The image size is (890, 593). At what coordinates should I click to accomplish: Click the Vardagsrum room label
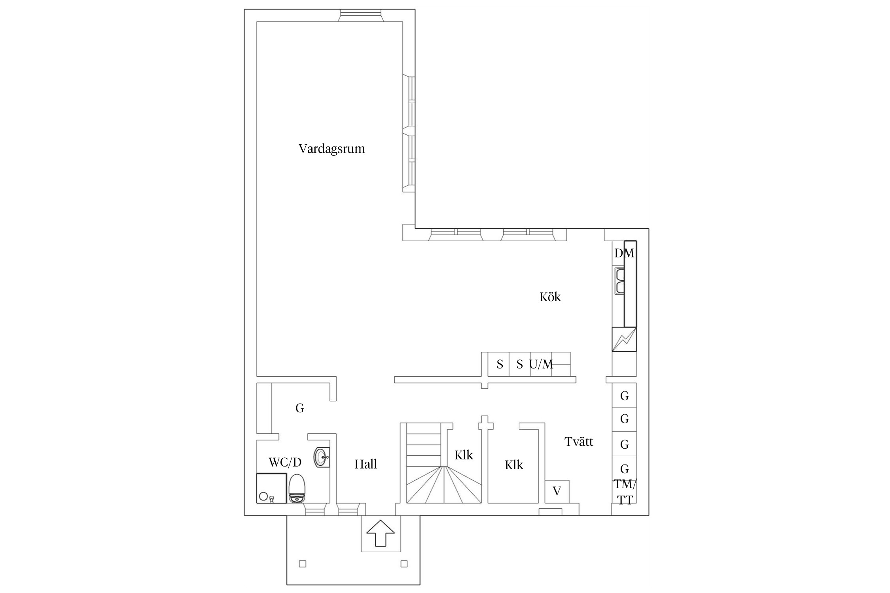tap(331, 149)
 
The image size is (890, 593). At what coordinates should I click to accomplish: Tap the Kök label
tap(550, 297)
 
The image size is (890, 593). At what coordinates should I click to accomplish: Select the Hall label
tap(365, 464)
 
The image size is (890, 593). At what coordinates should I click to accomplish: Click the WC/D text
tap(285, 462)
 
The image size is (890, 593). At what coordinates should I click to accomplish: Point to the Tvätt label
tap(579, 442)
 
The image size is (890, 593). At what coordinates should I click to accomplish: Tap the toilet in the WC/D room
tap(297, 489)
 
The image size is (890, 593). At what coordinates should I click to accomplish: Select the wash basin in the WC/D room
tap(321, 457)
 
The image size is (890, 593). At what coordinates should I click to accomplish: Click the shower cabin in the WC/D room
tap(271, 488)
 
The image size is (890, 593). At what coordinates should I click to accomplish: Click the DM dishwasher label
tap(624, 253)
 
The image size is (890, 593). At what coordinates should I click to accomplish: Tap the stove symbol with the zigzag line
tap(624, 339)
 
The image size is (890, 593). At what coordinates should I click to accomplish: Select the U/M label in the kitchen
tap(541, 364)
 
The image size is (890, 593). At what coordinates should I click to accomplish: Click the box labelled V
tap(557, 491)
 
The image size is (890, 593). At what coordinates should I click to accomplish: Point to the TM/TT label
tap(625, 492)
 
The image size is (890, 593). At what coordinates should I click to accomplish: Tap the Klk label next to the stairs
tap(464, 455)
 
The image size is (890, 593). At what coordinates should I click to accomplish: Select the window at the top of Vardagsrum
tap(361, 15)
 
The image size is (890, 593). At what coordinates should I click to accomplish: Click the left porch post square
tap(303, 564)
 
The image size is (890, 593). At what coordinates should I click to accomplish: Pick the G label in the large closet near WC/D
tap(299, 408)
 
